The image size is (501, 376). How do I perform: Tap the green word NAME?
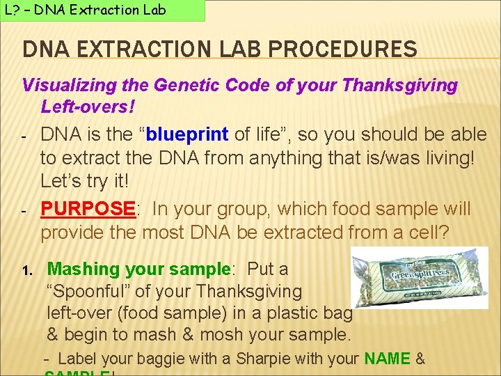click(x=387, y=359)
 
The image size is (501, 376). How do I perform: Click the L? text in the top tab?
click(x=13, y=10)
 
